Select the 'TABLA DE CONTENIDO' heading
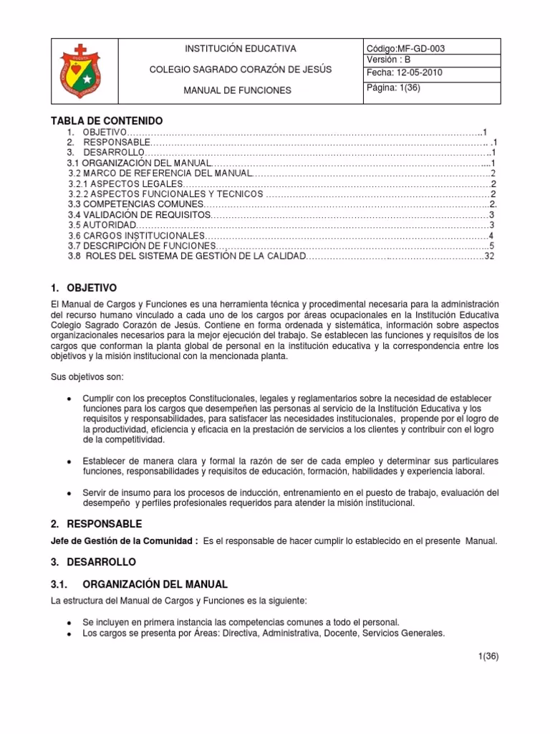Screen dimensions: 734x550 tap(107, 120)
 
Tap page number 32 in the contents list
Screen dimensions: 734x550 tap(490, 256)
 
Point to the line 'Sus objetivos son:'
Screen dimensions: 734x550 tap(87, 376)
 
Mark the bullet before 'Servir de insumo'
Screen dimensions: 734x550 tap(67, 493)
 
